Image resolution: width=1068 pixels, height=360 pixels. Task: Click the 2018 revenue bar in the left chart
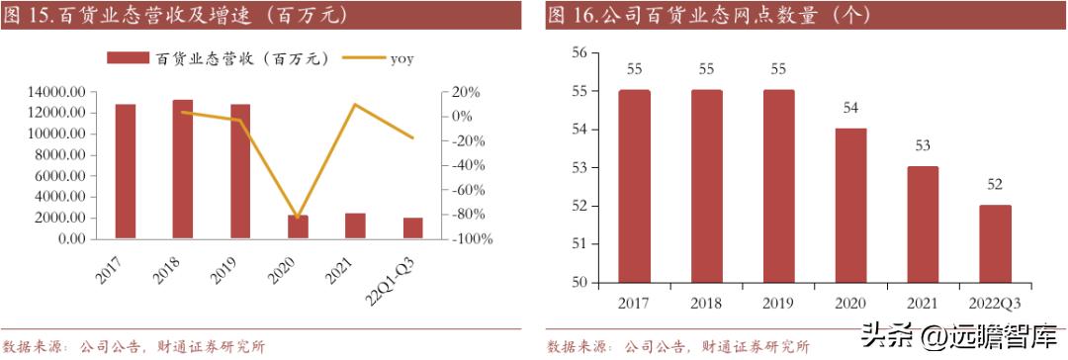pos(183,169)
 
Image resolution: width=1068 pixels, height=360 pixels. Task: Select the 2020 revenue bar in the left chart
pos(298,226)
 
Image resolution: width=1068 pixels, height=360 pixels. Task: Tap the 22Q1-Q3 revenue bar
pos(412,227)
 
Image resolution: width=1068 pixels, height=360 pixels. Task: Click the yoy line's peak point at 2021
pos(355,104)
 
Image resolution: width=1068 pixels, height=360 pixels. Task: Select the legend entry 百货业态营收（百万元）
pos(218,59)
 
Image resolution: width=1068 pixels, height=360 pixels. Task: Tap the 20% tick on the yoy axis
pos(467,92)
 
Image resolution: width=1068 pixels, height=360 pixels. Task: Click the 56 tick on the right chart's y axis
pos(579,52)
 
